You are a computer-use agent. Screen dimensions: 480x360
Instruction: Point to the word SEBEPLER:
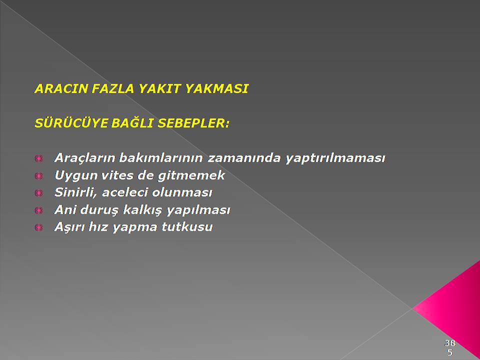(193, 123)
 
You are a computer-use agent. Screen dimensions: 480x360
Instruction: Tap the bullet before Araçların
(38, 158)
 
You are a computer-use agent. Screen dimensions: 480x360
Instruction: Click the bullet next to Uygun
(38, 175)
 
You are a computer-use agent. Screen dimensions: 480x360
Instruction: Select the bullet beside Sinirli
(38, 193)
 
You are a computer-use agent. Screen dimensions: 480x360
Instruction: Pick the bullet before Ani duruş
(38, 210)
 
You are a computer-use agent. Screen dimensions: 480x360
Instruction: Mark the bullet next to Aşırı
(38, 227)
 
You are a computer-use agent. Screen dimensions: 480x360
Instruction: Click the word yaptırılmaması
(335, 158)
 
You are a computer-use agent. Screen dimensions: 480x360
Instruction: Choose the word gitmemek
(191, 175)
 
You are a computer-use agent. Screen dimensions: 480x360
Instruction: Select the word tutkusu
(187, 227)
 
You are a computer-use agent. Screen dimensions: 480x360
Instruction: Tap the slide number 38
(450, 343)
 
